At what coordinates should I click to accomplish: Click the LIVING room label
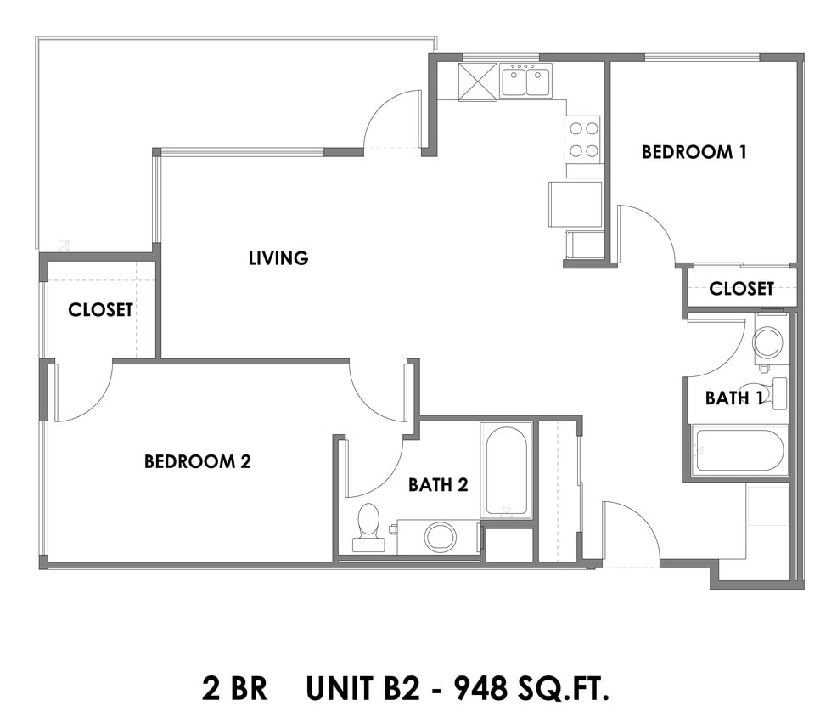click(x=278, y=258)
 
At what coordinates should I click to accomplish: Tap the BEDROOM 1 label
click(x=694, y=152)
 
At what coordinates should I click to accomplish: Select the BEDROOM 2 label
click(x=197, y=462)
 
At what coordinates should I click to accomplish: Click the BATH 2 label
click(x=438, y=485)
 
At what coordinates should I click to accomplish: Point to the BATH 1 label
click(x=733, y=398)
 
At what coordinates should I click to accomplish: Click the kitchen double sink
click(x=525, y=82)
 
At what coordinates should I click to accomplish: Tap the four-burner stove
click(x=584, y=139)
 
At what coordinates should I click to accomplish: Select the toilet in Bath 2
click(x=368, y=531)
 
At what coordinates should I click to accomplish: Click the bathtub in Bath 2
click(x=507, y=469)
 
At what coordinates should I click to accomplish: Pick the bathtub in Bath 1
click(x=739, y=450)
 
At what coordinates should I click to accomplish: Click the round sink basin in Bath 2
click(x=441, y=537)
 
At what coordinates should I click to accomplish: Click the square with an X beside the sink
click(x=478, y=82)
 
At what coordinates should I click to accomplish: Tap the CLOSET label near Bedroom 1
click(x=741, y=289)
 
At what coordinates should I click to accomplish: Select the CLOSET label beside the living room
click(x=100, y=310)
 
